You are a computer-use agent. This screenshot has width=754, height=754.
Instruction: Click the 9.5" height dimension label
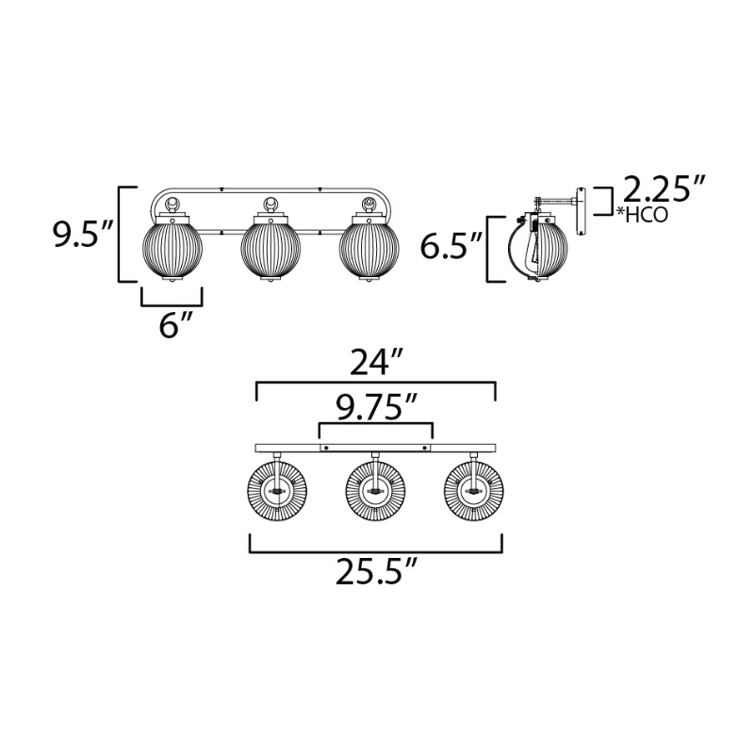pos(83,234)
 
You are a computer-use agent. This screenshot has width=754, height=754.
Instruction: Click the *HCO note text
pos(643,215)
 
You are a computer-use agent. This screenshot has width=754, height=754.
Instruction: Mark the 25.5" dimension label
pos(375,571)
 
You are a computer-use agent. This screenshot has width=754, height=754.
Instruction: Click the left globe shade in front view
pos(172,248)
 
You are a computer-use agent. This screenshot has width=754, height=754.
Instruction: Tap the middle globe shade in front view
pos(270,248)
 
